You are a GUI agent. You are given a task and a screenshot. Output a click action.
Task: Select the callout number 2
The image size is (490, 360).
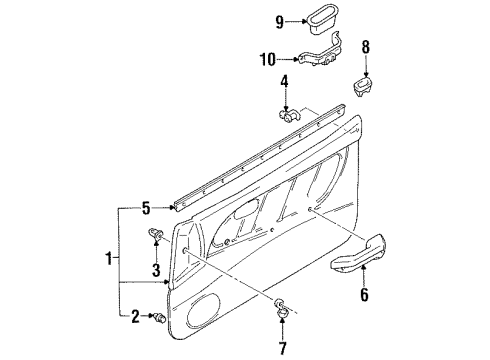point(135,318)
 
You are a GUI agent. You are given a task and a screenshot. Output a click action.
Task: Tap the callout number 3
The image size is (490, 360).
point(156,270)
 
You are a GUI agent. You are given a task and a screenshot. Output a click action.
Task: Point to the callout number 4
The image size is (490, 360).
point(285,80)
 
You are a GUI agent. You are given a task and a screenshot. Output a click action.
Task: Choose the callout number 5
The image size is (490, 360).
point(145,208)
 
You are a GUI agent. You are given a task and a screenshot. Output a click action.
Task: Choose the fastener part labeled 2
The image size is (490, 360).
point(159,317)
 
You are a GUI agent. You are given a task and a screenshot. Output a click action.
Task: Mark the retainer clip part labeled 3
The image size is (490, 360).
point(155,237)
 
